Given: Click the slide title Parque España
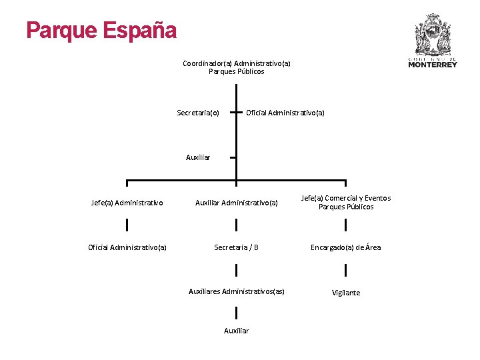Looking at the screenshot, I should [101, 31].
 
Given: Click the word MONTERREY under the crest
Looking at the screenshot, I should [433, 65].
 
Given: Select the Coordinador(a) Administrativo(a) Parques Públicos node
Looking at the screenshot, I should [236, 67].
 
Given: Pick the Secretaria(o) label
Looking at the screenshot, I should [198, 113].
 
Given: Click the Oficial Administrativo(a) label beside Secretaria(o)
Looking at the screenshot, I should [285, 113].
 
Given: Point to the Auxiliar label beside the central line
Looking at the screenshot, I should [198, 158].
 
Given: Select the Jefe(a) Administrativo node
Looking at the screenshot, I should [127, 203].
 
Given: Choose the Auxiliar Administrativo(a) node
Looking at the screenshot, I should [236, 203].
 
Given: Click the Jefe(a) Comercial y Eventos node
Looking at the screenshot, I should [346, 202].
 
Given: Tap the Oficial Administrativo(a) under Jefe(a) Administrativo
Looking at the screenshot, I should [127, 247].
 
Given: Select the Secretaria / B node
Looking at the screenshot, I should [236, 247].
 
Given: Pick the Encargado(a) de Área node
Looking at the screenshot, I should [346, 247].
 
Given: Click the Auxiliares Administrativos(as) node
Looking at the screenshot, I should [236, 291].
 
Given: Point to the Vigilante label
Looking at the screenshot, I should [346, 293].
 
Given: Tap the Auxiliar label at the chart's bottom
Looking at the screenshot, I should [236, 331].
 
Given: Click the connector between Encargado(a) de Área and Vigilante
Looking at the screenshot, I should [346, 270].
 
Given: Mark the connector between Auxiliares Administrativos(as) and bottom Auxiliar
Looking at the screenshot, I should [236, 312].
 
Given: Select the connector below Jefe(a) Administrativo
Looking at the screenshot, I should [127, 225].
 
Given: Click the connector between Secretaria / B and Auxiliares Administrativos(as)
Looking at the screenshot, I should [236, 270].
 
